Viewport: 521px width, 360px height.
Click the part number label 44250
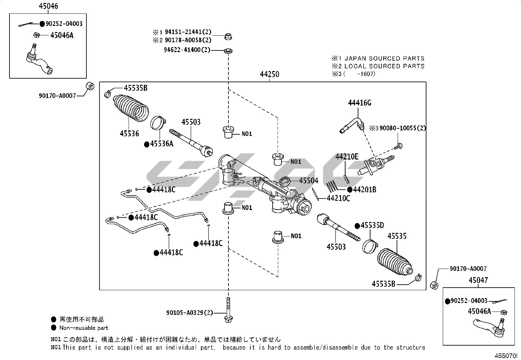[x=269, y=74]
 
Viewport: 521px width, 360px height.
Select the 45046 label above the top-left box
[x=48, y=6]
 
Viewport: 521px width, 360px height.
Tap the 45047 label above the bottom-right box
[x=478, y=280]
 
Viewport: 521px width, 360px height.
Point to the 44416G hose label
[x=359, y=103]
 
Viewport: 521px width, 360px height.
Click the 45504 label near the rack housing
[x=309, y=180]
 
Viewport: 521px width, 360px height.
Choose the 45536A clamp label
[x=161, y=144]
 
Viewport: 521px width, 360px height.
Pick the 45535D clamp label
[x=372, y=225]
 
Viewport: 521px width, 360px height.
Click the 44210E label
[x=347, y=157]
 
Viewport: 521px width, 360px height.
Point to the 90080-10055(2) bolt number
[x=403, y=128]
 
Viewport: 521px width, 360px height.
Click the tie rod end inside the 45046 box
[x=39, y=60]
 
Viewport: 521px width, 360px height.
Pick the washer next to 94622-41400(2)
[x=228, y=51]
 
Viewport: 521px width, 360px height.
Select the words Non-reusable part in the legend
[x=83, y=328]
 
